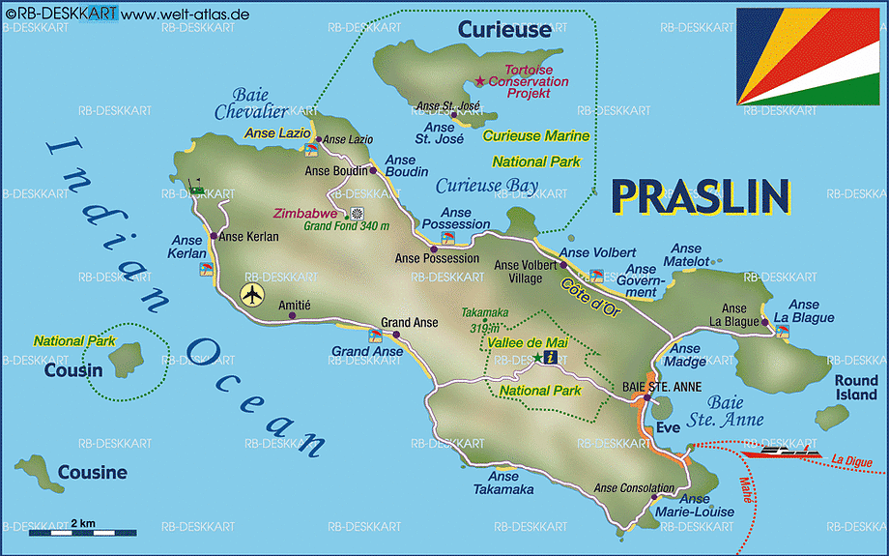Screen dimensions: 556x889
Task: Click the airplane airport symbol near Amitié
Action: (252, 294)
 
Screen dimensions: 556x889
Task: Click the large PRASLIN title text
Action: (702, 196)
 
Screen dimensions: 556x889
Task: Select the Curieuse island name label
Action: (504, 30)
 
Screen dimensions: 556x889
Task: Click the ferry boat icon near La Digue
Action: (789, 451)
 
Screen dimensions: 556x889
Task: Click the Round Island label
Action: (856, 388)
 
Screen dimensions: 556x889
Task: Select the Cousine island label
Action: (92, 473)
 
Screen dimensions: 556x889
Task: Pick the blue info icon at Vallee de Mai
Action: (551, 358)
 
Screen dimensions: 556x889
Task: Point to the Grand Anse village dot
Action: (396, 335)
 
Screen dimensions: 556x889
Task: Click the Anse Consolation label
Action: (634, 488)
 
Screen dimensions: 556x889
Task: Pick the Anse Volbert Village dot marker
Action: (563, 264)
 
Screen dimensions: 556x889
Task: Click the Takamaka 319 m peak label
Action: (484, 320)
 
